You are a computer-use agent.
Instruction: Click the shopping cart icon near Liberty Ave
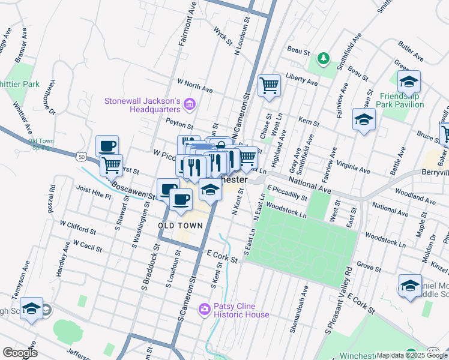pyautogui.click(x=270, y=85)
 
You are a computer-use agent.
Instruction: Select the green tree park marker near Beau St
pyautogui.click(x=324, y=58)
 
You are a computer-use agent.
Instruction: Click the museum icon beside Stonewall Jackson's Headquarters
pyautogui.click(x=190, y=105)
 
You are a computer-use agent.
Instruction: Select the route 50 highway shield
pyautogui.click(x=80, y=157)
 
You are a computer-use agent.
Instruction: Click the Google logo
pyautogui.click(x=20, y=352)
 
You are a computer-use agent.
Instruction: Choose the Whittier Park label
pyautogui.click(x=19, y=84)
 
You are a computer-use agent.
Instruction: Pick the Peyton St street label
pyautogui.click(x=179, y=127)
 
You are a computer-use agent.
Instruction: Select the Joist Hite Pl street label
pyautogui.click(x=94, y=196)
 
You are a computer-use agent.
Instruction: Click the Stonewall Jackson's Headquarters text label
pyautogui.click(x=143, y=104)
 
